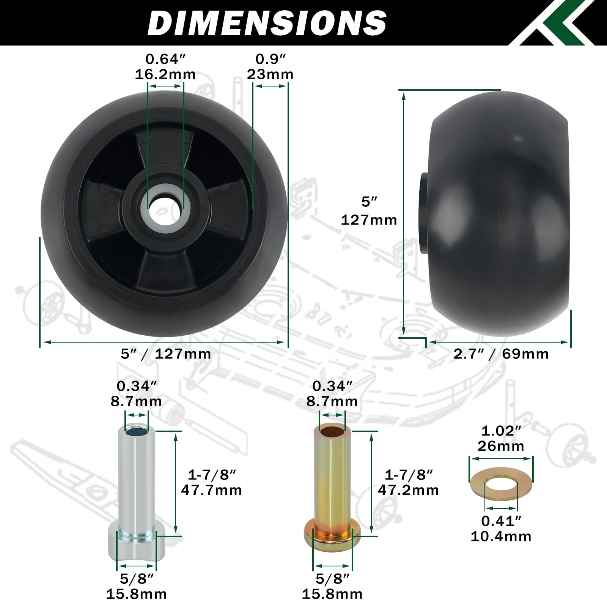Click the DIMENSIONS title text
tap(267, 23)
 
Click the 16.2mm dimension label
tap(165, 74)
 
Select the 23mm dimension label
tap(270, 74)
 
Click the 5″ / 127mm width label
tap(166, 354)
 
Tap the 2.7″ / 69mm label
tap(501, 354)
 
